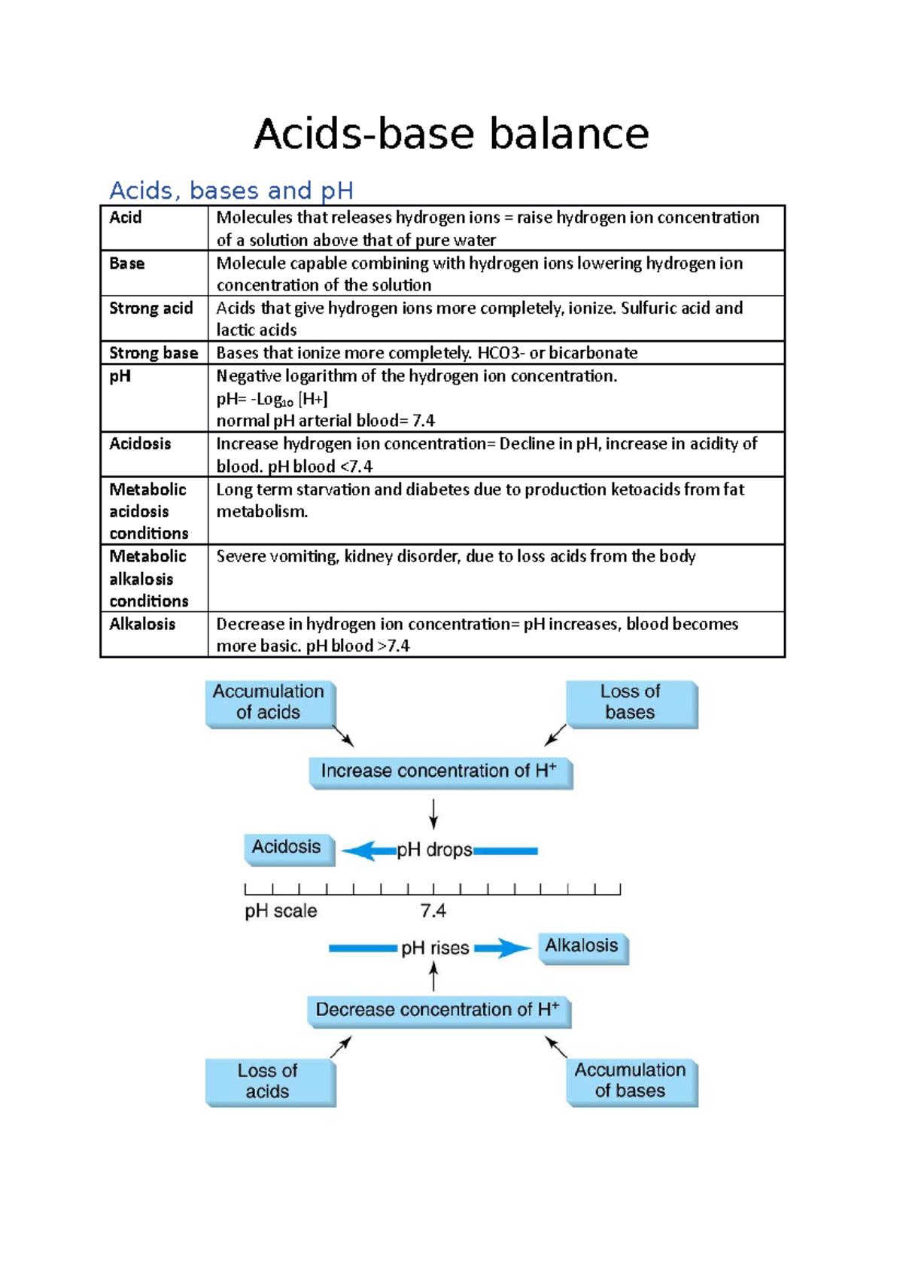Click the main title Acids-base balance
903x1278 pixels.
[x=451, y=134]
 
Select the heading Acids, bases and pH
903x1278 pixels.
[x=231, y=190]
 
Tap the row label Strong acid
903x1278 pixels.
[x=151, y=309]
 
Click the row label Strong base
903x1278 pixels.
[x=154, y=353]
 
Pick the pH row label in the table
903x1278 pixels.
[x=120, y=376]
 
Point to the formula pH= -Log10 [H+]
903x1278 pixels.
[x=272, y=399]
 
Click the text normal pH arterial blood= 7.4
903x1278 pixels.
[x=325, y=421]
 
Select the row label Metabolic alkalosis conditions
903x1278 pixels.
[x=149, y=578]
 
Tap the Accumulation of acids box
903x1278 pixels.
[x=269, y=703]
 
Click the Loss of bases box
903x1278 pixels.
[x=631, y=703]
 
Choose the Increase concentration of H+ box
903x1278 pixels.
[x=440, y=772]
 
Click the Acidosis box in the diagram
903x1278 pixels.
[x=287, y=848]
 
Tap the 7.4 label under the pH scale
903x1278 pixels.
[x=433, y=911]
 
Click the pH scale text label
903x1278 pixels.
[x=281, y=911]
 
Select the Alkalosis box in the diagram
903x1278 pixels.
[x=582, y=947]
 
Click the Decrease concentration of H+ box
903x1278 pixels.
[x=439, y=1011]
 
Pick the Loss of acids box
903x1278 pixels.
[x=269, y=1082]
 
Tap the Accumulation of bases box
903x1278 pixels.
[x=631, y=1082]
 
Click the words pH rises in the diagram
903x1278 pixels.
[x=435, y=948]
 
